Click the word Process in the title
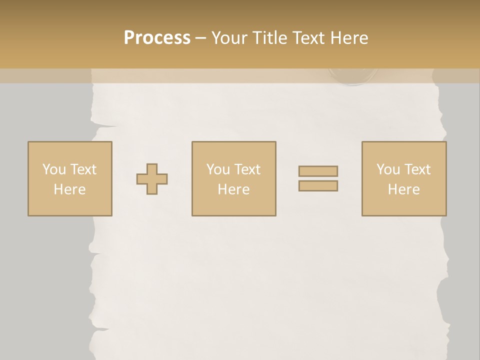tap(157, 38)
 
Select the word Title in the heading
tap(270, 38)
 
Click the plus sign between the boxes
tap(152, 179)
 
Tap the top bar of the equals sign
tap(318, 171)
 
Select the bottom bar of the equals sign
tap(318, 185)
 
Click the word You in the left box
tap(53, 169)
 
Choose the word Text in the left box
tap(83, 169)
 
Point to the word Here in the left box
tap(69, 189)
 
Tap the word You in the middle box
tap(217, 169)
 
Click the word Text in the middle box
tap(247, 169)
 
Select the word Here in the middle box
tap(233, 189)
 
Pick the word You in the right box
tap(387, 169)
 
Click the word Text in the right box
tap(417, 169)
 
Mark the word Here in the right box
tap(403, 189)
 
